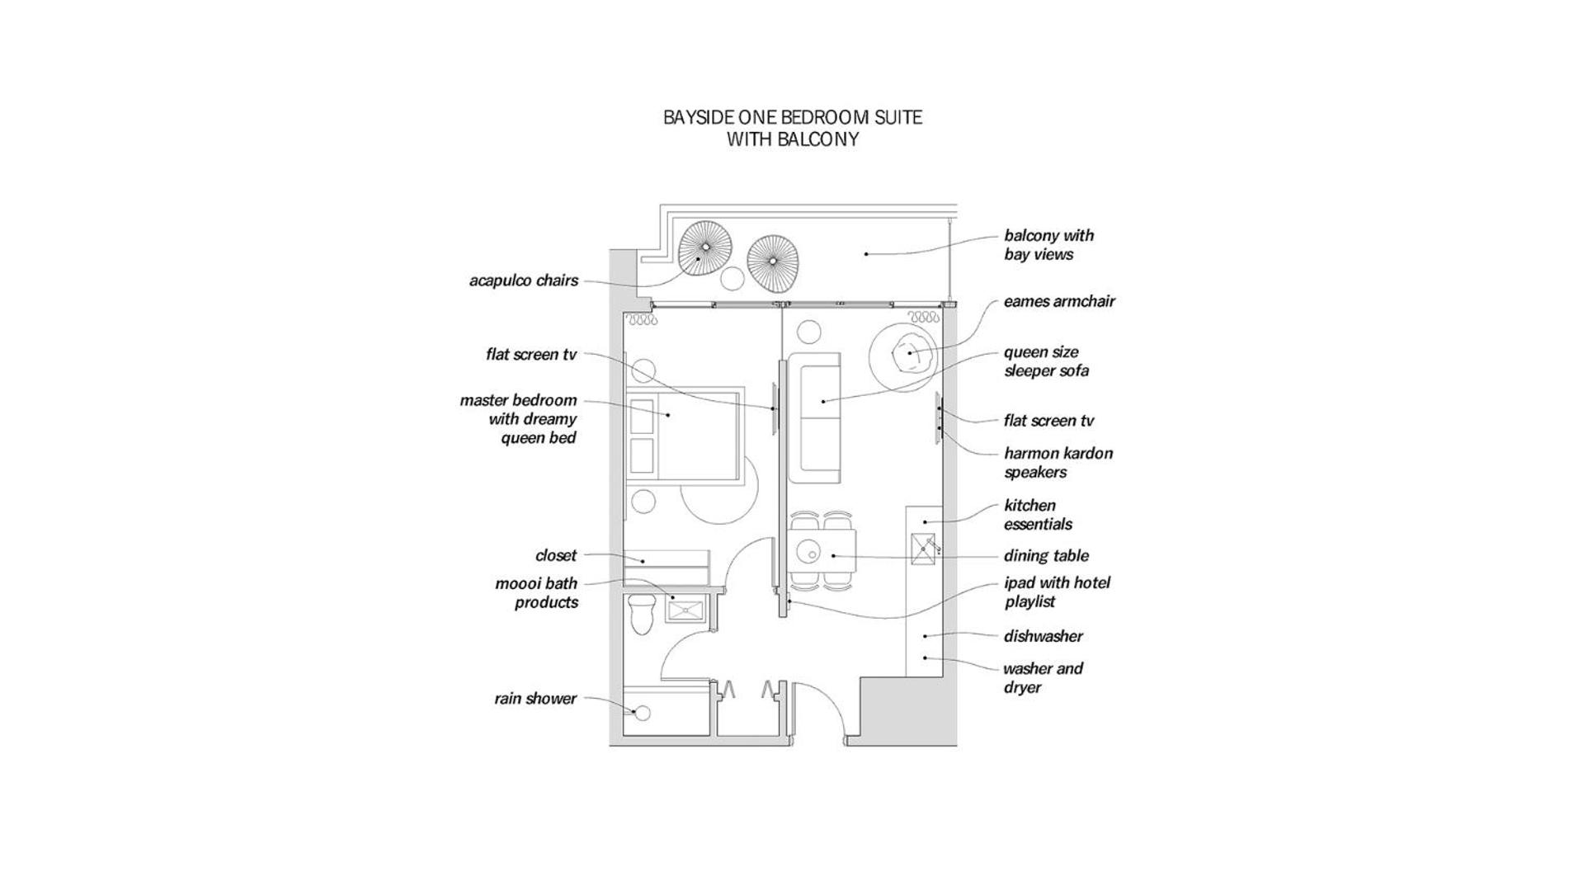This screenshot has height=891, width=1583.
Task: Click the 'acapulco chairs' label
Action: (524, 280)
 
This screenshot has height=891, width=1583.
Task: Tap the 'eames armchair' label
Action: (1059, 301)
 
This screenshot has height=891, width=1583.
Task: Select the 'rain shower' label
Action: (535, 699)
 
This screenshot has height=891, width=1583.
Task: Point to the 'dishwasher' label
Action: (1044, 636)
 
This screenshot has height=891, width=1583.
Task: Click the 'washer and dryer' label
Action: (1043, 678)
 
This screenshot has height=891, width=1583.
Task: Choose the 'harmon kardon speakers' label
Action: (1058, 463)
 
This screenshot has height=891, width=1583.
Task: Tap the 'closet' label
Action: (556, 555)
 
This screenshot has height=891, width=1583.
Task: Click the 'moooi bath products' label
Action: (537, 593)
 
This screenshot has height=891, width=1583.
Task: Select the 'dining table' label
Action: (1046, 556)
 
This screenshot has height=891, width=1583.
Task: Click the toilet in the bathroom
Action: (640, 613)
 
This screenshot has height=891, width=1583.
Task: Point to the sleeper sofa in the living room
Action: (814, 418)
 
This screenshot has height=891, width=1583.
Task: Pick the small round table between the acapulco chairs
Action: (733, 279)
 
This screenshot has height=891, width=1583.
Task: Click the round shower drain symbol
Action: (642, 713)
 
